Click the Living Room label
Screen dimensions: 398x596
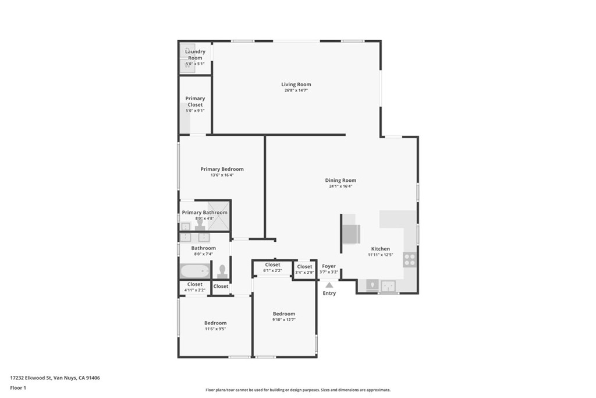[296, 84]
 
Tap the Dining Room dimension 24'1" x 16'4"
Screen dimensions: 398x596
[340, 186]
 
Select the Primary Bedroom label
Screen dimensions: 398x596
[222, 169]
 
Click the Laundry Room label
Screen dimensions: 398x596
[195, 55]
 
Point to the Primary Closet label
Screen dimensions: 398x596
[195, 101]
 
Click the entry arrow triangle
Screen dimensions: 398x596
[329, 285]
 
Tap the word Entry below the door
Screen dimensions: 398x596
[329, 293]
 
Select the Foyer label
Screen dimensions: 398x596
[329, 266]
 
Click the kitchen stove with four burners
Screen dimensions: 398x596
[410, 259]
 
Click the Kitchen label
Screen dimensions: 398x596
[381, 249]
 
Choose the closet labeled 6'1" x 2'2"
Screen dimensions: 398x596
[272, 267]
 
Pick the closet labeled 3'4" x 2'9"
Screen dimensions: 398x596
[304, 269]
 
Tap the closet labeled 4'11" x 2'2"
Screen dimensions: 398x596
[195, 287]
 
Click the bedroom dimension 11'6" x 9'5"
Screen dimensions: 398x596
[215, 329]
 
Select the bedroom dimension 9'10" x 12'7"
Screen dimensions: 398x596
[284, 319]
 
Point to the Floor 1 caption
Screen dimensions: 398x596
[18, 388]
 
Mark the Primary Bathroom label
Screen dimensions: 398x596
[204, 213]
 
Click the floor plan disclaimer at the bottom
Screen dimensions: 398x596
[297, 390]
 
